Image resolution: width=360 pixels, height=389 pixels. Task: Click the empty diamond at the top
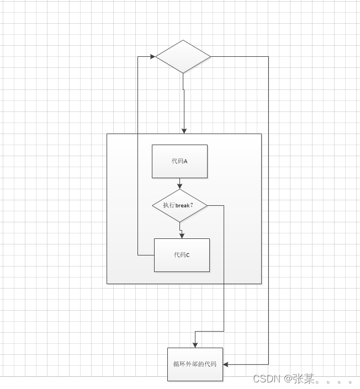[x=183, y=56]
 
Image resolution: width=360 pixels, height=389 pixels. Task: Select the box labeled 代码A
[x=179, y=161]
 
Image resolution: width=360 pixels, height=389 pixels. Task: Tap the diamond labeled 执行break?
[x=179, y=205]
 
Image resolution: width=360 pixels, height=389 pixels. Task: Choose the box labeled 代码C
[x=182, y=255]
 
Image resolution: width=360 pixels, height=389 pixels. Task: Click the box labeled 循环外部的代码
[x=195, y=364]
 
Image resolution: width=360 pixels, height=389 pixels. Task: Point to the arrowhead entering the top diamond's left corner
[x=152, y=56]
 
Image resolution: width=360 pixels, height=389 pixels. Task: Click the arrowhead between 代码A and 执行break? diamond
[x=180, y=186]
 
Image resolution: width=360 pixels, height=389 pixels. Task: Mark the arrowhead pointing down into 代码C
[x=182, y=235]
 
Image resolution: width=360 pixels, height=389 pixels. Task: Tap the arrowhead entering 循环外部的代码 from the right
[x=226, y=364]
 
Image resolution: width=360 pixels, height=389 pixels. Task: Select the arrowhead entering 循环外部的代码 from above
[x=195, y=344]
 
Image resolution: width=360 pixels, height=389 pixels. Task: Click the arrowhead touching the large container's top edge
[x=184, y=130]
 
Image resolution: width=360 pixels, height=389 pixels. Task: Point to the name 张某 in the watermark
[x=304, y=379]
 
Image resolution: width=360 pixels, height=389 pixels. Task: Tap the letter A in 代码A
[x=186, y=162]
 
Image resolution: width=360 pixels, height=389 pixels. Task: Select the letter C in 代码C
[x=188, y=255]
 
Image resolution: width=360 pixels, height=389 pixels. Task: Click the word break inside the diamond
[x=183, y=205]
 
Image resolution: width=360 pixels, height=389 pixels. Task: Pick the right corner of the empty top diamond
[x=210, y=56]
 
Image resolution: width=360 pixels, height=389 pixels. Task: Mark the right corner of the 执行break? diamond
[x=207, y=205]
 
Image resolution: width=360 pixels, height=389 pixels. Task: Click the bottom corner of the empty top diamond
[x=183, y=73]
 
